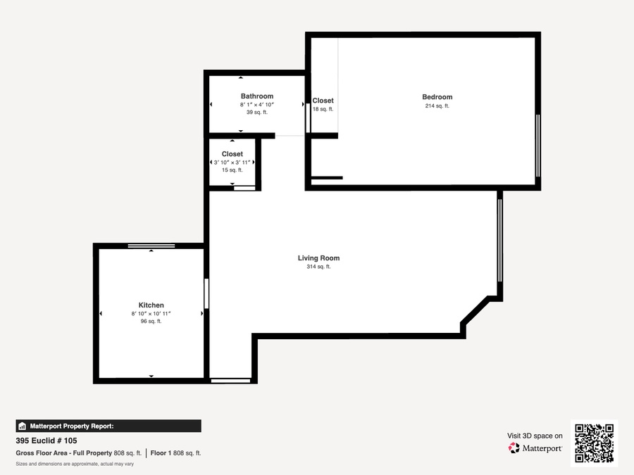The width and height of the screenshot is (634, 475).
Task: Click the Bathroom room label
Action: (x=256, y=96)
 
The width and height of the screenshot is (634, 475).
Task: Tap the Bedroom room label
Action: (x=437, y=97)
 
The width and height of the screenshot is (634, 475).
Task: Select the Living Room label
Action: (x=318, y=258)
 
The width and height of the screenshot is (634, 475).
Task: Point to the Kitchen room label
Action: (x=151, y=305)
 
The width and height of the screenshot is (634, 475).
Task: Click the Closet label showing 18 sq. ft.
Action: (x=323, y=101)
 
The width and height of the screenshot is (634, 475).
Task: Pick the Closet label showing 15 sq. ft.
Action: (x=232, y=154)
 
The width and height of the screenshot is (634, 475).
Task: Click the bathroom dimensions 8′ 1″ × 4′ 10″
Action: (x=256, y=105)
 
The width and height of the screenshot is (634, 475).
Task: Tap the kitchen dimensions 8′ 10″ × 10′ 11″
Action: (x=151, y=313)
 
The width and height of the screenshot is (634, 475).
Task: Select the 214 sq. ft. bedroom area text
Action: (x=437, y=106)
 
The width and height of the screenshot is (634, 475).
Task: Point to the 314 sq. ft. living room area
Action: (x=318, y=267)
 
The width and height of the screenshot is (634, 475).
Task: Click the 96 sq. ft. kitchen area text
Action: (x=151, y=321)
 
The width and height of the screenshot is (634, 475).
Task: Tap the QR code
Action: (x=595, y=443)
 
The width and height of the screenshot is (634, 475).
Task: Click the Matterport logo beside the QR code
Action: (x=535, y=448)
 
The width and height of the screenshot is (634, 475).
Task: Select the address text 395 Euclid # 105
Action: (x=46, y=441)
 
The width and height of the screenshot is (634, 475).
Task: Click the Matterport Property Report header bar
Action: (x=108, y=426)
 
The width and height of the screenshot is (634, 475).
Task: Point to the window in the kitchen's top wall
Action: (x=151, y=246)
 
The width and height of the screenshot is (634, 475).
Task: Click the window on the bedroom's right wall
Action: (x=537, y=146)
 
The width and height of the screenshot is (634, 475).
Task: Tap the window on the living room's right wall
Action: (x=499, y=241)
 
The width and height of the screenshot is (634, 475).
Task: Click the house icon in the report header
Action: (x=23, y=426)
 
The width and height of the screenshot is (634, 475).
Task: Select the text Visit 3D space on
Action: (x=535, y=436)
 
